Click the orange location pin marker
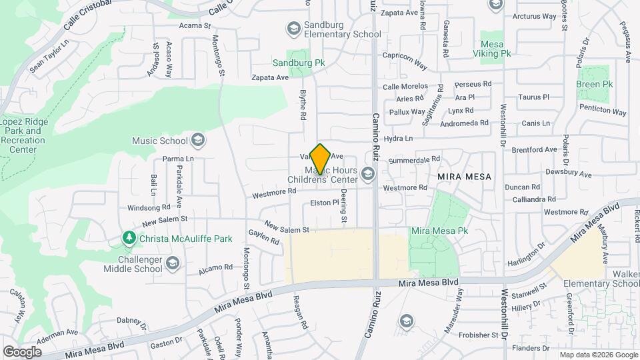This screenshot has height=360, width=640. click(321, 159)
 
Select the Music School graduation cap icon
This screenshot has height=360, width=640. click(197, 140)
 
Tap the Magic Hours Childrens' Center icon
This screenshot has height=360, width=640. click(367, 175)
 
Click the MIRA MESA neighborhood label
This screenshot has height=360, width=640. click(464, 177)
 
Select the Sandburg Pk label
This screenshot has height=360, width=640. click(298, 63)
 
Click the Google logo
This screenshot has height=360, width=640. click(22, 351)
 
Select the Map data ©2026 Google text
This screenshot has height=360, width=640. click(598, 355)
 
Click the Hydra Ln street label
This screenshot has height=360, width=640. click(399, 139)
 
